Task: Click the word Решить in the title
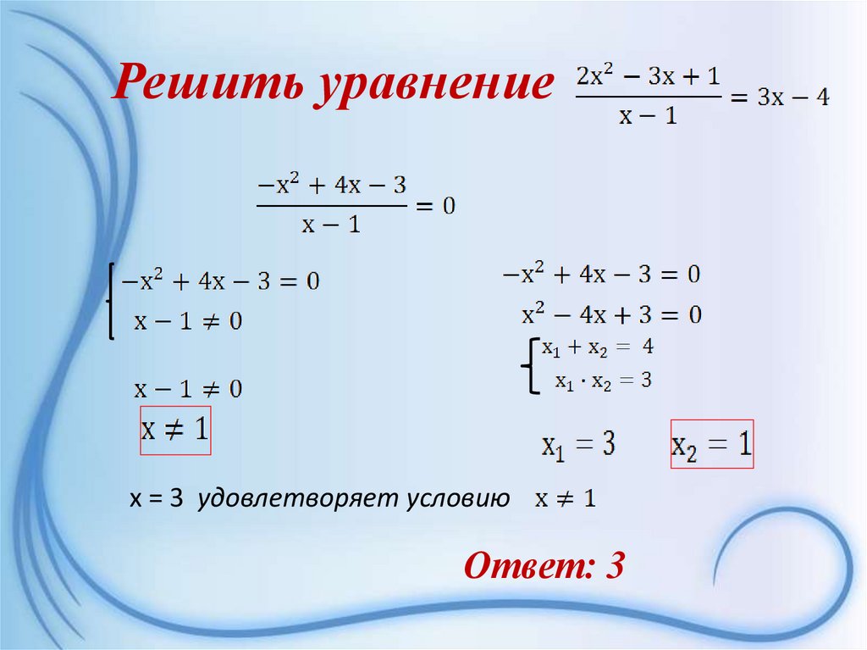pos(206,86)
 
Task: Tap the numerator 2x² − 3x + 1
pos(649,76)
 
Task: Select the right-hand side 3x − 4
pos(793,97)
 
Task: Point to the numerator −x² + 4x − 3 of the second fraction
pos(329,185)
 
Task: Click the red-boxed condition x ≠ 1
pos(174,430)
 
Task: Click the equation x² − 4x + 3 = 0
pos(611,315)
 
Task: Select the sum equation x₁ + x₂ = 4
pos(598,347)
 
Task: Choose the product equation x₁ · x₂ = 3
pos(603,381)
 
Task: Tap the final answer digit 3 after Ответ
pos(613,565)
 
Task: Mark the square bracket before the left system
pos(110,301)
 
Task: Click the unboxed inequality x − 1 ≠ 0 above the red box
pos(188,389)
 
